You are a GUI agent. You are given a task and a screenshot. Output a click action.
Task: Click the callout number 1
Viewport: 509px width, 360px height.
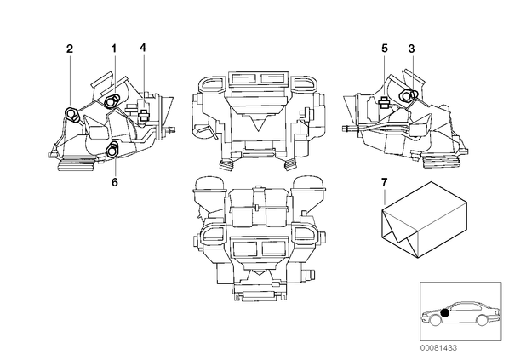coord(113,49)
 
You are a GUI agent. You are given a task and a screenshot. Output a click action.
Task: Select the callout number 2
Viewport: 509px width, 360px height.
coord(70,49)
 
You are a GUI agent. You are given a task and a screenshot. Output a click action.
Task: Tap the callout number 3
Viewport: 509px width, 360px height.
coord(411,49)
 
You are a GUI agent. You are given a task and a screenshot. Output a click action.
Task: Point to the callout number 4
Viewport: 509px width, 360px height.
coord(143,48)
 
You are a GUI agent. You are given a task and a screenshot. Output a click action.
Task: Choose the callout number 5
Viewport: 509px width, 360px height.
coord(385,49)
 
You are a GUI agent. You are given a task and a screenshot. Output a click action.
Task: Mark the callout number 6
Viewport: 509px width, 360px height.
coord(114,182)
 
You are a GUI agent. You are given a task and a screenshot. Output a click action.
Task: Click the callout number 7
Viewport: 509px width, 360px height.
coord(385,182)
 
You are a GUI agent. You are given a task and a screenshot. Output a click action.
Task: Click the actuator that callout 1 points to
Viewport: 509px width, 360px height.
coord(111,101)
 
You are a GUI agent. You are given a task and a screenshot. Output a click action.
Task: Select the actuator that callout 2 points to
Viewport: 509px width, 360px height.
coord(71,114)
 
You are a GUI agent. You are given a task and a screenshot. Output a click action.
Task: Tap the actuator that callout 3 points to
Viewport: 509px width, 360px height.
coord(407,95)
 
